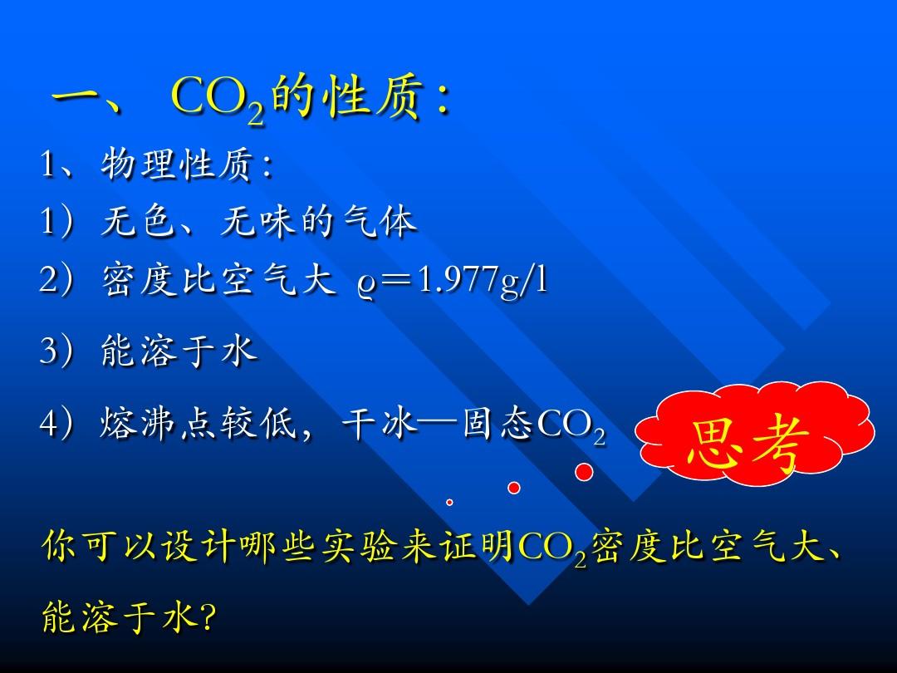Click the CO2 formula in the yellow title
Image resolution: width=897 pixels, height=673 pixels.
tap(218, 98)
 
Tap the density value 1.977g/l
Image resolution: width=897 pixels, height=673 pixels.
tap(483, 281)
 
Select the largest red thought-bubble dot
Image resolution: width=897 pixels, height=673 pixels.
tap(584, 472)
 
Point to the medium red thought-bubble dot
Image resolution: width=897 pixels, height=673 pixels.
tap(514, 488)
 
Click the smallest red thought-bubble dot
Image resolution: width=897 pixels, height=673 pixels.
tap(449, 502)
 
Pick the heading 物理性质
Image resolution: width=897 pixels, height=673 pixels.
tap(177, 165)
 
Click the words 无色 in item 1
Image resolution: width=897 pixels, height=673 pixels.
tap(137, 222)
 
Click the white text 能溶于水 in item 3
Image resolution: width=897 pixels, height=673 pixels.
tap(179, 351)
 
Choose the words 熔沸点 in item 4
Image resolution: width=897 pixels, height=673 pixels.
tap(157, 424)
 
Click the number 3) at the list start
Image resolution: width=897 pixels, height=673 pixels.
tap(56, 351)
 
